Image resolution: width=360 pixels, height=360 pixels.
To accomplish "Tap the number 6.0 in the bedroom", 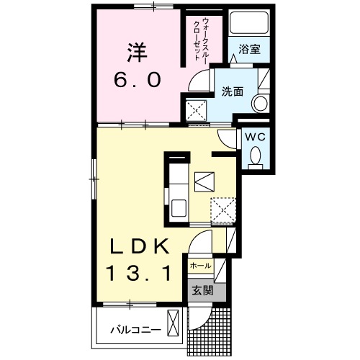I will [x=136, y=79].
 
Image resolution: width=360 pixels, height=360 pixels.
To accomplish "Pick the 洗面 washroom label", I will [x=233, y=92].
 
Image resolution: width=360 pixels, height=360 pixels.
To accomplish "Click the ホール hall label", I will [x=200, y=266].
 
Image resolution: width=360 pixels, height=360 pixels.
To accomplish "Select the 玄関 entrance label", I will [x=202, y=290].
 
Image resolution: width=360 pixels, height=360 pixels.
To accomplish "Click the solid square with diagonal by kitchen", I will [x=205, y=179].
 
